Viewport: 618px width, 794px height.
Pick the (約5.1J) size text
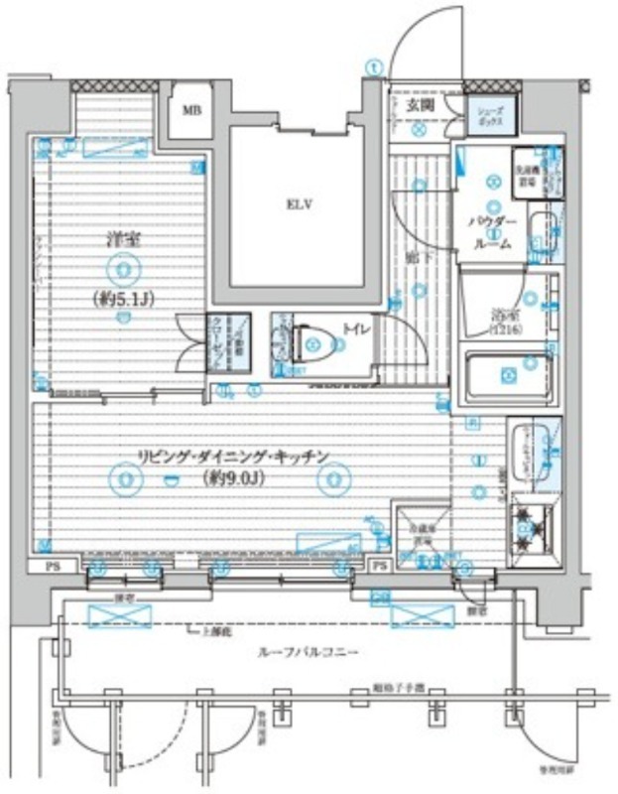(121, 296)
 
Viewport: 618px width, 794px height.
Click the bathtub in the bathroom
(508, 377)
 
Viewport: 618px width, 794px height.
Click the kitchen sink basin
(530, 446)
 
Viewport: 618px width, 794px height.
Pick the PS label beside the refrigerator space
(379, 566)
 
